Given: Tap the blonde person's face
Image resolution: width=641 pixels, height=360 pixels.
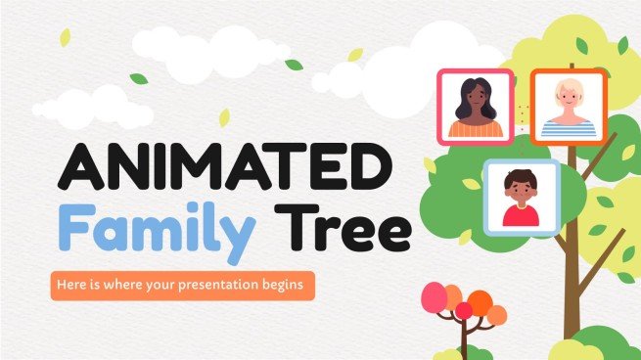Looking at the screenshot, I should tap(570, 97).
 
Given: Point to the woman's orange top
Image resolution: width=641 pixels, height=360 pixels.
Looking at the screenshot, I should tap(477, 128).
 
